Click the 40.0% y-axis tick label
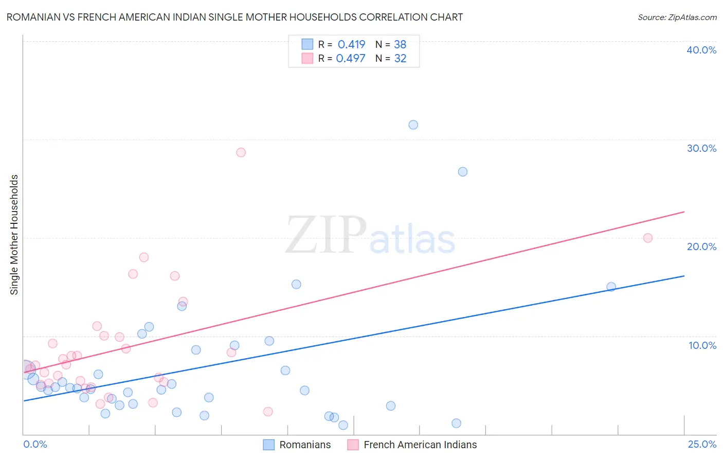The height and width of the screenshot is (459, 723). point(701,50)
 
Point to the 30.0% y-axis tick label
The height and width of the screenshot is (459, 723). point(701,148)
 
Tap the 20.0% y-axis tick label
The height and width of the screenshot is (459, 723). point(701,246)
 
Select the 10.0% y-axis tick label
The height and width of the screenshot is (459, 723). point(702,345)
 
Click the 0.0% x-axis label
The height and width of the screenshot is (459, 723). point(35,444)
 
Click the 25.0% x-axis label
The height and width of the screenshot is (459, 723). point(702,444)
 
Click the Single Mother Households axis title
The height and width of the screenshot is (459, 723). point(14,235)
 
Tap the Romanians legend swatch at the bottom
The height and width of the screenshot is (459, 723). point(268,445)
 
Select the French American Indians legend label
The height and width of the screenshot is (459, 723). point(420,445)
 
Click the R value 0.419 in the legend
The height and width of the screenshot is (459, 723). point(351,44)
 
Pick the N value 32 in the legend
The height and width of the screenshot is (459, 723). point(400,58)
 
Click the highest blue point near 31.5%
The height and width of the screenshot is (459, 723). point(413,125)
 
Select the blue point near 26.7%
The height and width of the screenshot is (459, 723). point(463,172)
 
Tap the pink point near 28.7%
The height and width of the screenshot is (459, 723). point(241,152)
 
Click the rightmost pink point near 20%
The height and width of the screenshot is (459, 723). point(648,238)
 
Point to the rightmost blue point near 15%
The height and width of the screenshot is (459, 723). point(611,287)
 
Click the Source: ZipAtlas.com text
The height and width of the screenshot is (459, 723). point(677,17)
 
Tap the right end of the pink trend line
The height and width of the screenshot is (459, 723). point(683,212)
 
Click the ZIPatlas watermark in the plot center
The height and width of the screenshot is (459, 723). point(370,236)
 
